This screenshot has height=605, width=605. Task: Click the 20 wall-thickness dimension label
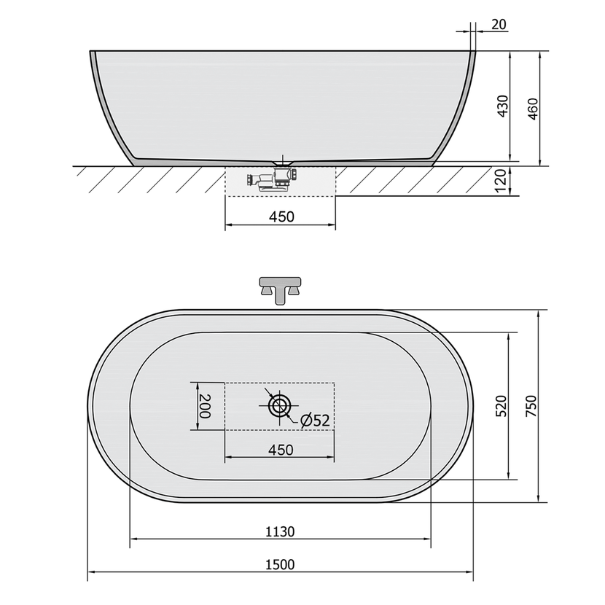pyautogui.click(x=499, y=24)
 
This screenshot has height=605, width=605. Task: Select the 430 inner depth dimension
pyautogui.click(x=503, y=106)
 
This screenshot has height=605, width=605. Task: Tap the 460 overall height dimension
pyautogui.click(x=532, y=109)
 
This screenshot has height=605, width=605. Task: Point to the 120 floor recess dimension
pyautogui.click(x=501, y=181)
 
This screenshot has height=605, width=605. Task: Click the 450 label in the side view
pyautogui.click(x=281, y=216)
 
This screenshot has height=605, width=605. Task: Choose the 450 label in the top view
pyautogui.click(x=281, y=450)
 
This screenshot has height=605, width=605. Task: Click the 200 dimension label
pyautogui.click(x=205, y=406)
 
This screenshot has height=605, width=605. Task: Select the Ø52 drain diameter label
pyautogui.click(x=315, y=420)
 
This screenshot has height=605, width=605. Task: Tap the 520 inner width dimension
pyautogui.click(x=501, y=406)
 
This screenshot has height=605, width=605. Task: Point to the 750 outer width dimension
pyautogui.click(x=531, y=406)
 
